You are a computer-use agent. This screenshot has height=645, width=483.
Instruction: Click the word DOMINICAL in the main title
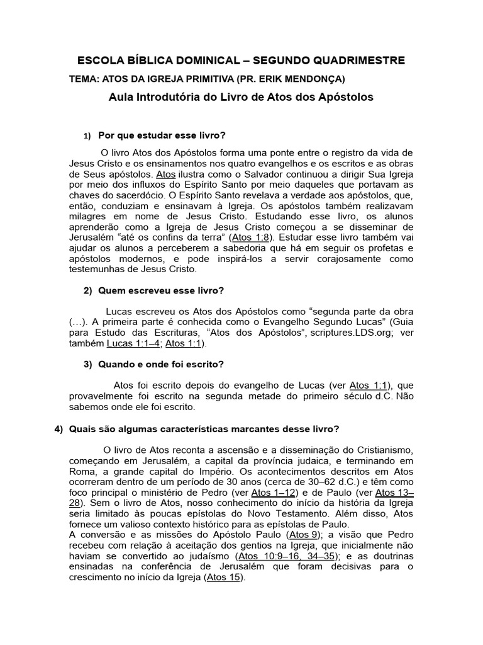(x=203, y=60)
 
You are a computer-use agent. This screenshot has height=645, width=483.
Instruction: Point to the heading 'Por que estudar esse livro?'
(x=162, y=135)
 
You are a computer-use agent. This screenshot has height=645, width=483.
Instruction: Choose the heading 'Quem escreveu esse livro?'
(x=161, y=290)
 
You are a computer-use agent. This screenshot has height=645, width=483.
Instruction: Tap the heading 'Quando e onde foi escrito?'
(x=161, y=365)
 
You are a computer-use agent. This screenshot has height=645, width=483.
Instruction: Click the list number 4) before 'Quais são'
(x=59, y=429)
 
